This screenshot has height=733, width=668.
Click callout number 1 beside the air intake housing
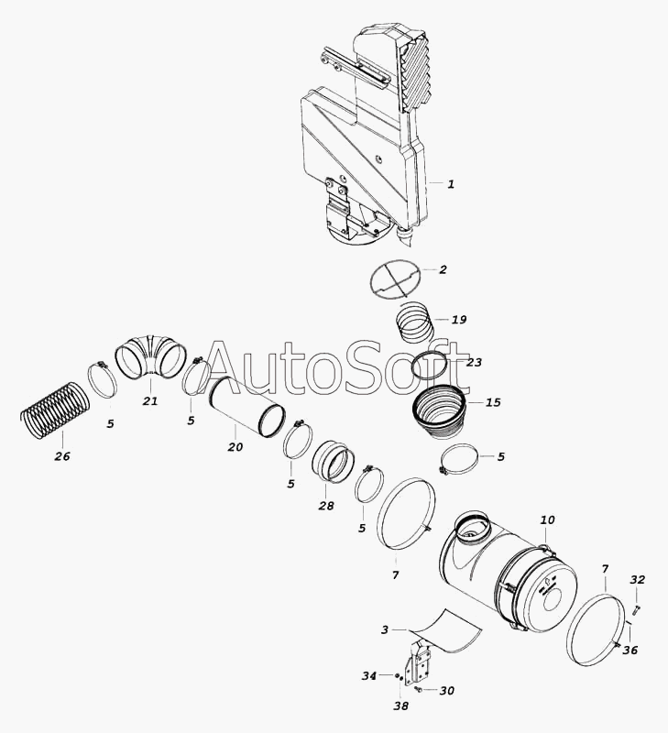451,184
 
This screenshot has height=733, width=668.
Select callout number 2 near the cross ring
443,269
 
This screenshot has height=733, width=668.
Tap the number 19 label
459,320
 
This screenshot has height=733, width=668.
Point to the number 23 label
474,362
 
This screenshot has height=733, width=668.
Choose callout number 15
493,402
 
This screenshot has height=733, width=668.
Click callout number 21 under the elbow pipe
150,401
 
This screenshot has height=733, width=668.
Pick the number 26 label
62,456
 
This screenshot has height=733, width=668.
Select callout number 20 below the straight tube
235,447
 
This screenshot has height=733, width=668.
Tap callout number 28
326,506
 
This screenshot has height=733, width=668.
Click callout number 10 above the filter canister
547,520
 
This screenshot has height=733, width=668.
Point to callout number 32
637,580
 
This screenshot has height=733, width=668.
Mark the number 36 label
630,651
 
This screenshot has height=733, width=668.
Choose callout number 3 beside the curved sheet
384,630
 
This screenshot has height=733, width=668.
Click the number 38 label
400,706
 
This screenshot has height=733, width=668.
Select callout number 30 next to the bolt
447,691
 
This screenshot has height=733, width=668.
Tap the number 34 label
369,676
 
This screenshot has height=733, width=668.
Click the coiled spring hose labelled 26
55,410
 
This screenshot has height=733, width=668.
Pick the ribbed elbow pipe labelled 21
150,356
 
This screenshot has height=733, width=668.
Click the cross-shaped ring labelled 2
395,279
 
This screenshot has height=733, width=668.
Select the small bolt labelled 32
637,608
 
